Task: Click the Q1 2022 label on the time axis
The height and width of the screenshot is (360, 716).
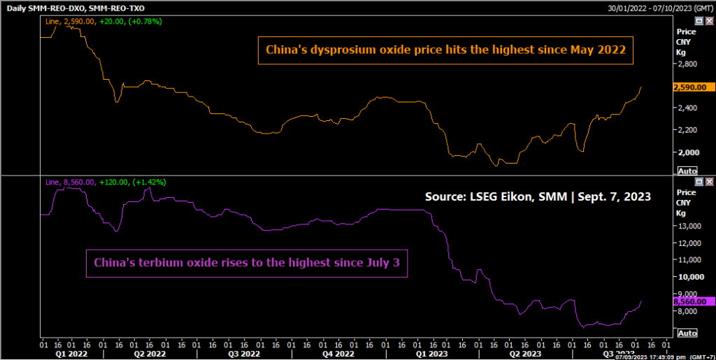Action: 72,354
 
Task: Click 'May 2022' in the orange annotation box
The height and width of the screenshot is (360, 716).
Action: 601,50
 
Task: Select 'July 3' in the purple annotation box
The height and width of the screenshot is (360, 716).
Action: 384,264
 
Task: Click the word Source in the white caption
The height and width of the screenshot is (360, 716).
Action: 444,197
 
